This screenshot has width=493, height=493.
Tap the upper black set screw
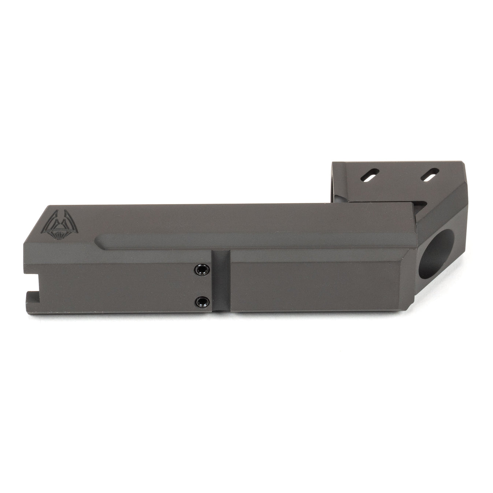click(200, 270)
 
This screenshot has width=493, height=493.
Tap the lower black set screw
click(200, 301)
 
